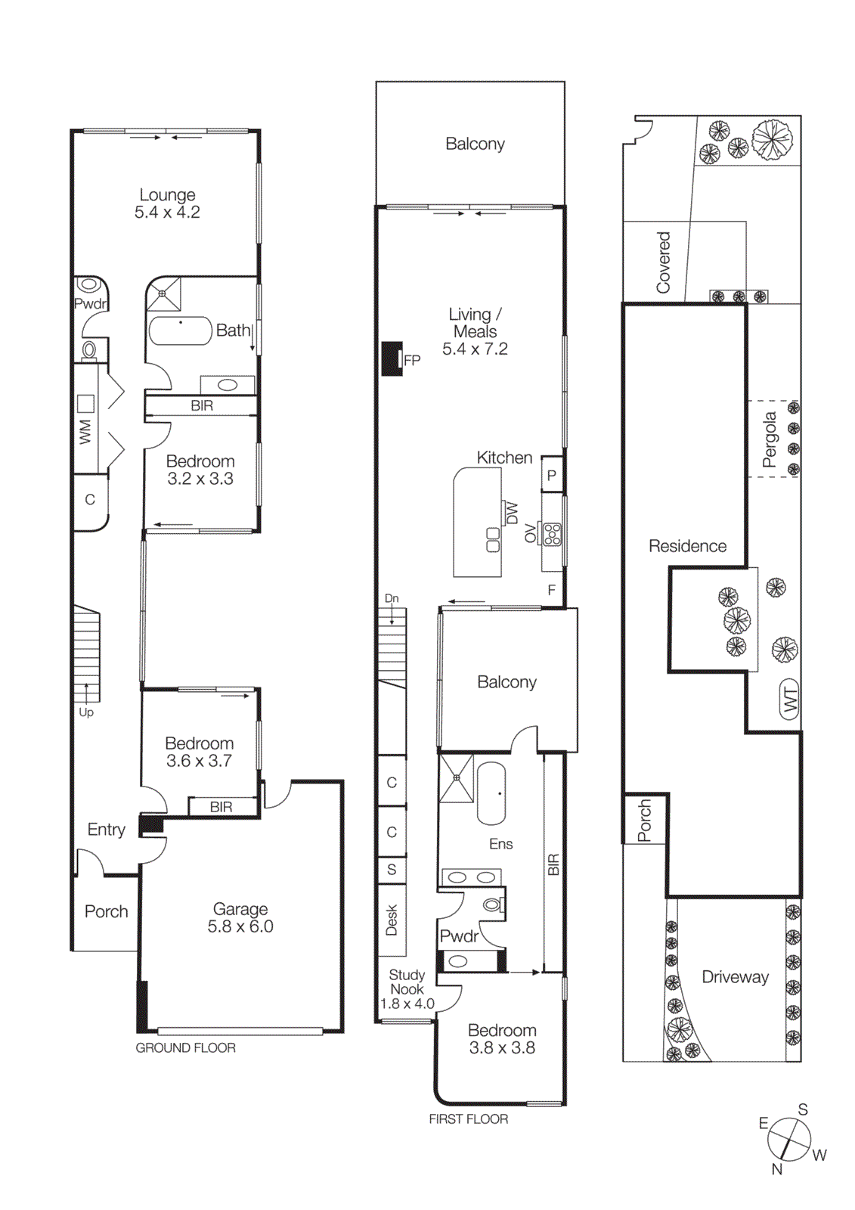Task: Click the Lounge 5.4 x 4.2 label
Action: [167, 204]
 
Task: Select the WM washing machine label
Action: [85, 432]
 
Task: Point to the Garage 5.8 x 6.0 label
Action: [240, 917]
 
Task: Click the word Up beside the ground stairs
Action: [86, 712]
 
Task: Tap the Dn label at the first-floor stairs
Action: [392, 598]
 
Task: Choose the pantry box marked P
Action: [552, 476]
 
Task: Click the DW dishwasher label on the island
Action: [513, 513]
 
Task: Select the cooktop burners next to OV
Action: [553, 535]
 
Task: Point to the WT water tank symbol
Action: [789, 700]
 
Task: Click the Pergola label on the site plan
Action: [770, 439]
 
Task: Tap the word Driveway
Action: [735, 977]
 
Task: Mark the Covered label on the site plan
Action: [663, 262]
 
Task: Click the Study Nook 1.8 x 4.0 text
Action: [407, 989]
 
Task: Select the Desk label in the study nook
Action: [392, 920]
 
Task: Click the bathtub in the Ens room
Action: [491, 793]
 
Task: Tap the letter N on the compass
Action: [776, 1169]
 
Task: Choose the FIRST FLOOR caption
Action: [468, 1119]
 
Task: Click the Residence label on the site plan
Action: [687, 546]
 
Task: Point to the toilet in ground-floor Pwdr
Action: [89, 349]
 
